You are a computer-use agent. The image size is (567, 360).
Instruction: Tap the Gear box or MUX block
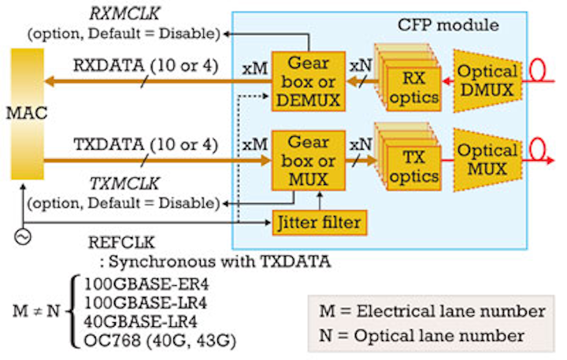click(309, 161)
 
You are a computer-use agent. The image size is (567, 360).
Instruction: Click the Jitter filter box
click(319, 221)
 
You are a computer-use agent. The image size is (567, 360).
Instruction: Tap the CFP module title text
click(448, 24)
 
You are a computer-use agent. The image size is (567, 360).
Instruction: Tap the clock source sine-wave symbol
click(23, 235)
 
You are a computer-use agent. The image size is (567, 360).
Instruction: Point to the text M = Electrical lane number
click(432, 310)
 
